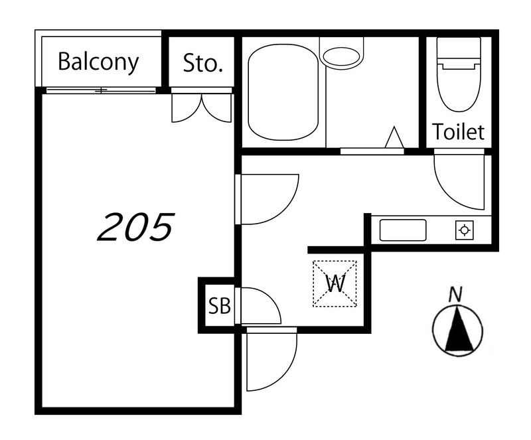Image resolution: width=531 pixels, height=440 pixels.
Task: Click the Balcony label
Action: click(x=98, y=62)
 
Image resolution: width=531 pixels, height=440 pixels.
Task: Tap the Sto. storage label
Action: click(x=202, y=63)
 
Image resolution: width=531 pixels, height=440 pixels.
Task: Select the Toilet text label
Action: click(x=458, y=132)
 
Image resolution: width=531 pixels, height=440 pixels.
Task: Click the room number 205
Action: click(x=136, y=226)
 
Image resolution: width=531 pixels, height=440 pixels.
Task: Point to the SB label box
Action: click(x=220, y=305)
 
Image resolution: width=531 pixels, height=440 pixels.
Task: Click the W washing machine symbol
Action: click(x=335, y=283)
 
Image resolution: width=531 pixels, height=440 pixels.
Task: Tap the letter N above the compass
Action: click(x=455, y=295)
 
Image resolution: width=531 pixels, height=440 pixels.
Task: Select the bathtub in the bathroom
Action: click(x=283, y=92)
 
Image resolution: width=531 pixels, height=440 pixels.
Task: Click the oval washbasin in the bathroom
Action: click(x=341, y=56)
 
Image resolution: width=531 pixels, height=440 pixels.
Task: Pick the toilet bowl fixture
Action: click(x=459, y=74)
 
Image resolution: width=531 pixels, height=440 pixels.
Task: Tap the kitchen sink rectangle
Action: click(x=403, y=230)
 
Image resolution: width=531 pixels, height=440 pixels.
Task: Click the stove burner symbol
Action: click(x=464, y=230)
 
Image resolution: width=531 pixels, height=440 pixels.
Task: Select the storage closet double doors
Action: click(x=202, y=108)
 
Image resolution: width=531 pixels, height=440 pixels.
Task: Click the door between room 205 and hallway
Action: click(x=267, y=200)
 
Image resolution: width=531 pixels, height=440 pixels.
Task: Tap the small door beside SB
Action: click(x=258, y=306)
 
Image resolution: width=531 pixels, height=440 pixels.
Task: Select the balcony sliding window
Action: click(x=101, y=90)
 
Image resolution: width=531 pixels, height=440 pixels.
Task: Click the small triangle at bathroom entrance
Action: click(x=394, y=137)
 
